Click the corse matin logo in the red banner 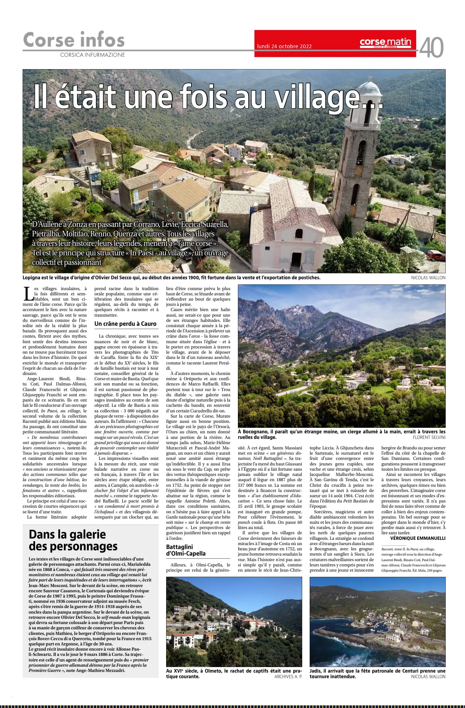pos(385,43)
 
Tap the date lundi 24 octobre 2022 pos(284,46)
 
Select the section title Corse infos pos(74,40)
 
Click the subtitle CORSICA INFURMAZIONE pos(92,55)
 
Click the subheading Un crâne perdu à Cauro pos(125,324)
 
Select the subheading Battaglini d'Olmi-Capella pos(186,550)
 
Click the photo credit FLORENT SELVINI pos(429,437)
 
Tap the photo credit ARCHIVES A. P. pos(288,667)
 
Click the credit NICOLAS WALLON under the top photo pos(428,278)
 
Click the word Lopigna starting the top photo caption pos(33,278)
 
